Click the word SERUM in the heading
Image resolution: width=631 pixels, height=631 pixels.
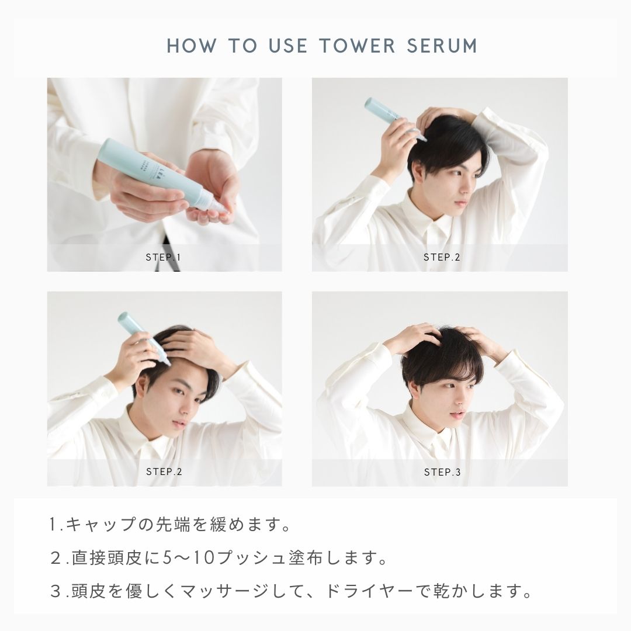[442, 46]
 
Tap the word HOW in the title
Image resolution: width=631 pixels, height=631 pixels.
[192, 46]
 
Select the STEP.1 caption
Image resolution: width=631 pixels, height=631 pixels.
[164, 257]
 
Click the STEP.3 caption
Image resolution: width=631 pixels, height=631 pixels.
[442, 471]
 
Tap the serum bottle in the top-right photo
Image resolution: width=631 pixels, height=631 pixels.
[394, 119]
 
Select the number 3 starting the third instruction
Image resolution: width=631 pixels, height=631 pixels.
[55, 591]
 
